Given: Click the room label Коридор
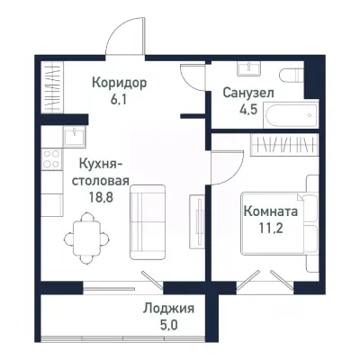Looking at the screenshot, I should pyautogui.click(x=119, y=82).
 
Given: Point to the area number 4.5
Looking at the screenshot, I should pyautogui.click(x=248, y=111).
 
